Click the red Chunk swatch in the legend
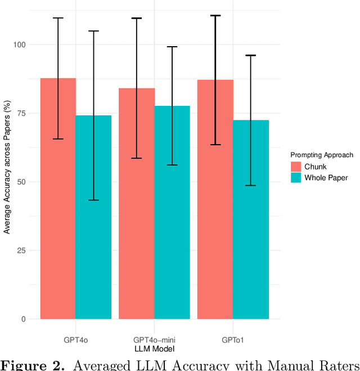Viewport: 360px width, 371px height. coord(296,166)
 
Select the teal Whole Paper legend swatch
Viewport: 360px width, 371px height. coord(296,178)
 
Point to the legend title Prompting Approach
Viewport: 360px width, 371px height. coord(322,155)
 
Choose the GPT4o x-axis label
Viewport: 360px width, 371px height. coord(75,340)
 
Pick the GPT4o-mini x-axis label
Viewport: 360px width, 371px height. coord(154,340)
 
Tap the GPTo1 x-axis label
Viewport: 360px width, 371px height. coord(233,340)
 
